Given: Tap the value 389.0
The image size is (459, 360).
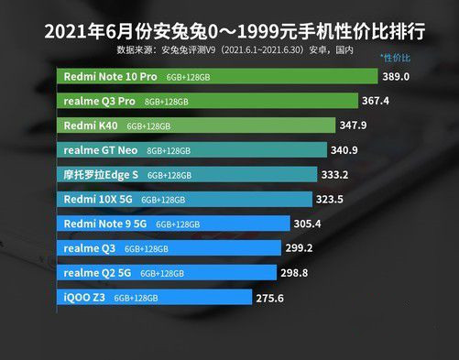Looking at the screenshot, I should (x=397, y=78).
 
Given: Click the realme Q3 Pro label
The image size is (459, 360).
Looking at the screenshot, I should (x=99, y=102).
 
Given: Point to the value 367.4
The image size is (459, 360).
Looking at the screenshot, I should (x=376, y=102).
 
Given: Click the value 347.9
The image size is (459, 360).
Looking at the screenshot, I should (x=357, y=125).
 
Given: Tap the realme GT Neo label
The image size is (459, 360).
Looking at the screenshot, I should (x=102, y=149).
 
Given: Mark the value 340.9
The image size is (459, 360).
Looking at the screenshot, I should (x=351, y=149).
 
